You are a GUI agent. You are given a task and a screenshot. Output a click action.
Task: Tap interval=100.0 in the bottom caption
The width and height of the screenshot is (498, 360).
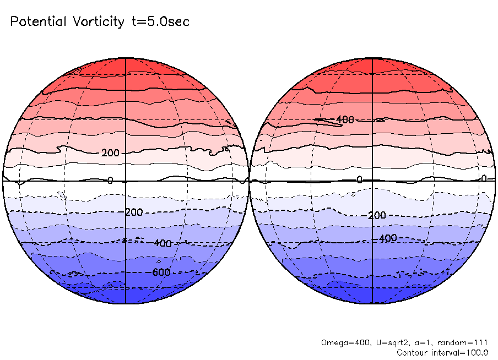tap(461, 352)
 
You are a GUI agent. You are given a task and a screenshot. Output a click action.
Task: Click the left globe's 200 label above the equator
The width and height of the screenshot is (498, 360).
tap(110, 152)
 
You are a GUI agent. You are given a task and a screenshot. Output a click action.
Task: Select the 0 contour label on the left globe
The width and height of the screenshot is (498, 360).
tap(110, 181)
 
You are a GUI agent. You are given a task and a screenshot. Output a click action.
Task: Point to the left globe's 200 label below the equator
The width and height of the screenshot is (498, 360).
tap(134, 212)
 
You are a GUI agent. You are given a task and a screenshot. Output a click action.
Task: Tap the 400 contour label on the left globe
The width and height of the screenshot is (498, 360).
tap(163, 243)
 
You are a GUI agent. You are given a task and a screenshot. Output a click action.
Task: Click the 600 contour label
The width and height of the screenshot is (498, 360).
tap(161, 272)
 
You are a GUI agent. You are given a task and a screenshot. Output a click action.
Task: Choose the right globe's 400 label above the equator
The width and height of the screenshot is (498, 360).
tap(345, 119)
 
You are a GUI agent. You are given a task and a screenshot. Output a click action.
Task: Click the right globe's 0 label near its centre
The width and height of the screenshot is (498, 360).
tap(359, 179)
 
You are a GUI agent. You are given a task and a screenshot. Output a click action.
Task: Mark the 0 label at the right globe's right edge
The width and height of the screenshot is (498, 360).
tap(484, 178)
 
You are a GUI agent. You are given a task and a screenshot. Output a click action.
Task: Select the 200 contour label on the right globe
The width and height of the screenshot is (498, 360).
tap(377, 215)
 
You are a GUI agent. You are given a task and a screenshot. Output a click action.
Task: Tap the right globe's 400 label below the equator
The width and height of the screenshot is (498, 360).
tap(388, 238)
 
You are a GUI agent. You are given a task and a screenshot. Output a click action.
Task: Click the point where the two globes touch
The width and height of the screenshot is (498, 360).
tap(249, 181)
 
